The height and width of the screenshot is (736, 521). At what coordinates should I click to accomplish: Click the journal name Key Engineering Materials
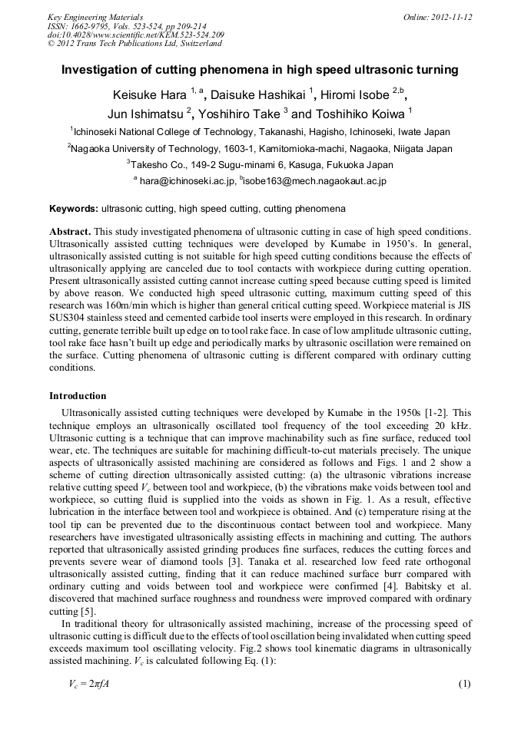coord(95,17)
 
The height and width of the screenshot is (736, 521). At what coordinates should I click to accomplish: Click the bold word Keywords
coord(73,208)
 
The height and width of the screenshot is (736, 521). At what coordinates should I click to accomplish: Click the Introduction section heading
coord(78,396)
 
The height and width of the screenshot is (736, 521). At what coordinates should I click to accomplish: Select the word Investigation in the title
coord(100,70)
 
